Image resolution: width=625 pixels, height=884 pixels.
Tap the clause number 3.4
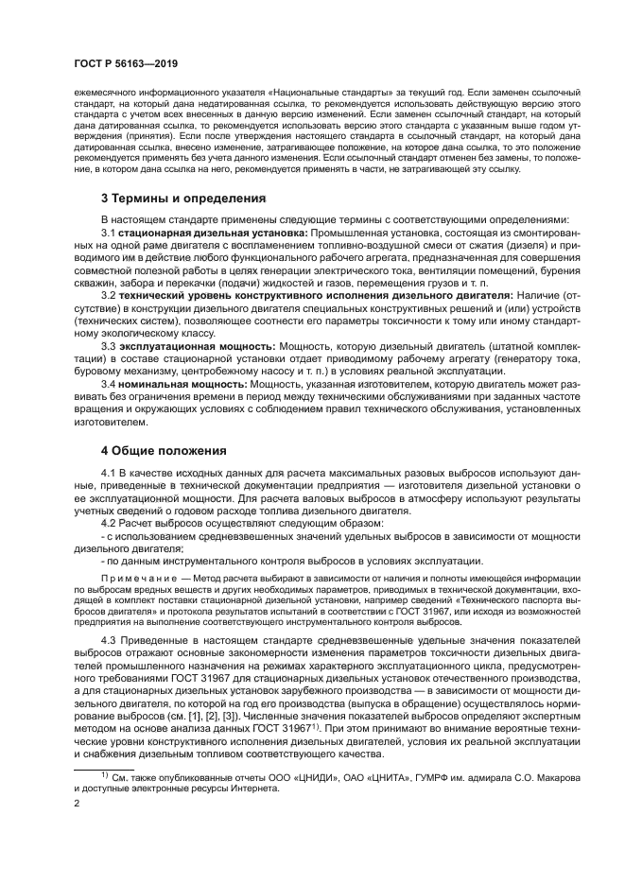[x=108, y=385]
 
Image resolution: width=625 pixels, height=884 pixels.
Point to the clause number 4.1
[x=108, y=472]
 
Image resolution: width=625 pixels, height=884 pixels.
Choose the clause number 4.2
[x=108, y=523]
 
